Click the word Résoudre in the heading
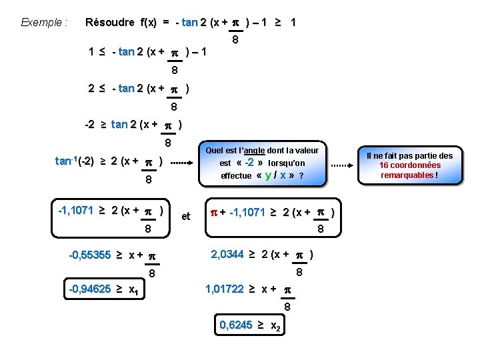[109, 22]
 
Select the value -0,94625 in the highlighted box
[90, 289]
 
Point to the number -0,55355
[90, 255]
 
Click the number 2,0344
[227, 254]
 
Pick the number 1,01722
[224, 289]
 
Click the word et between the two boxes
[186, 216]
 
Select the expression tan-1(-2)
[75, 161]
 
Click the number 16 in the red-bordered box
[384, 165]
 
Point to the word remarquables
[407, 175]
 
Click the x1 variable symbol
[133, 290]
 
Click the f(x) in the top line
[148, 22]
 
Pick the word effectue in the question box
[237, 176]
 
